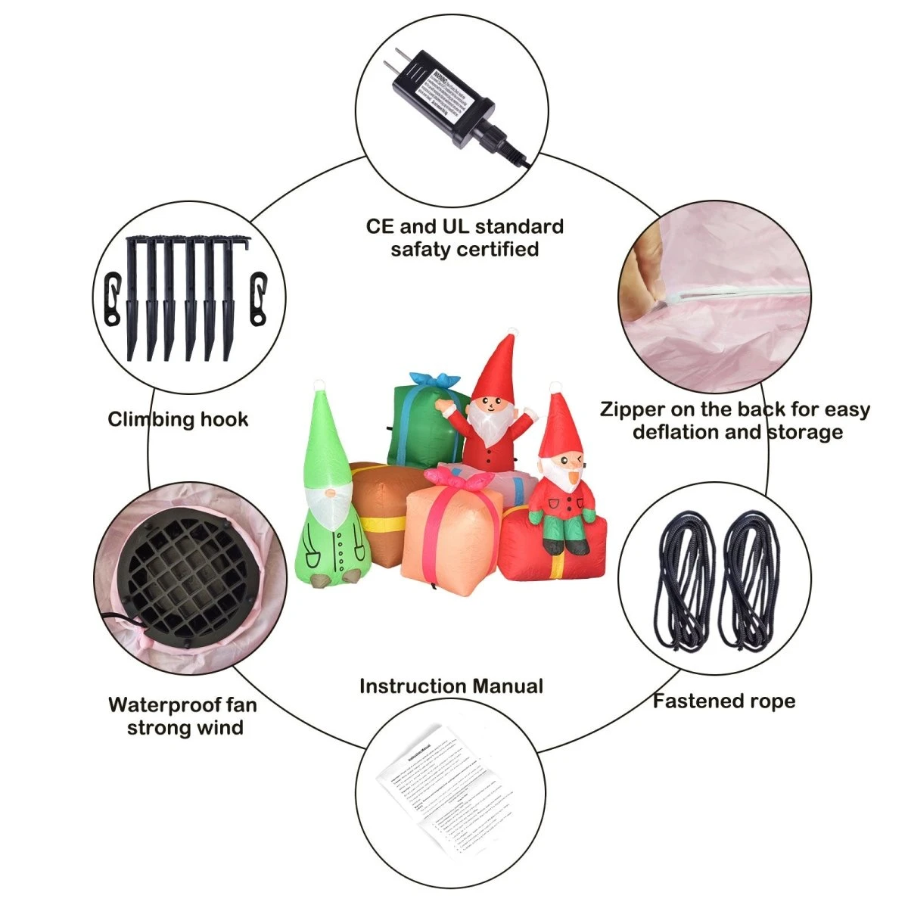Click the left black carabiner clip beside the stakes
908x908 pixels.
tap(112, 297)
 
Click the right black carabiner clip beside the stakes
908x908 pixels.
tap(259, 297)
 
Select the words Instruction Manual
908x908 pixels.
tap(451, 686)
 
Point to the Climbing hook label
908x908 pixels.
tap(178, 419)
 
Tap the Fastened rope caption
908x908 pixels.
tap(723, 701)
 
